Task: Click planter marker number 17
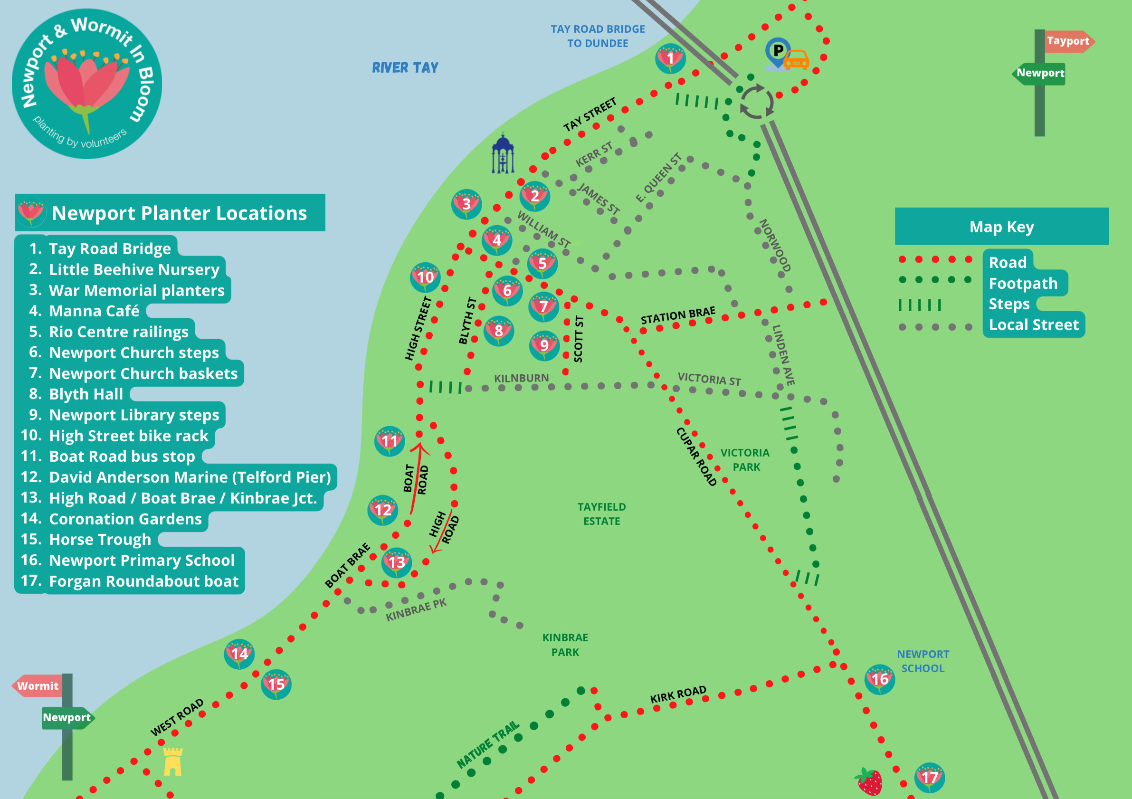tap(929, 777)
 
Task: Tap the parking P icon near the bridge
tap(778, 51)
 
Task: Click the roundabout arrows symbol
tap(756, 102)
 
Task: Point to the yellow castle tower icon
tap(172, 761)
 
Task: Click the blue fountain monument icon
tap(503, 154)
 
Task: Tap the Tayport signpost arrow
tap(1068, 41)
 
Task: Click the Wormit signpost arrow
tap(38, 685)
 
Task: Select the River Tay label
tap(405, 67)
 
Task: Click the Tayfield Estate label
tap(601, 514)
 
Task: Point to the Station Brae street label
tap(678, 315)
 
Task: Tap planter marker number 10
tap(425, 277)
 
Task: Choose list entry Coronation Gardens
tap(125, 519)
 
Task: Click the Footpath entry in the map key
tap(1023, 284)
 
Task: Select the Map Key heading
tap(1001, 227)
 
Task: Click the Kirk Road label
tap(678, 694)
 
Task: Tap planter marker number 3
tap(466, 204)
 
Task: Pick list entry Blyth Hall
tap(86, 394)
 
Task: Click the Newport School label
tap(923, 661)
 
